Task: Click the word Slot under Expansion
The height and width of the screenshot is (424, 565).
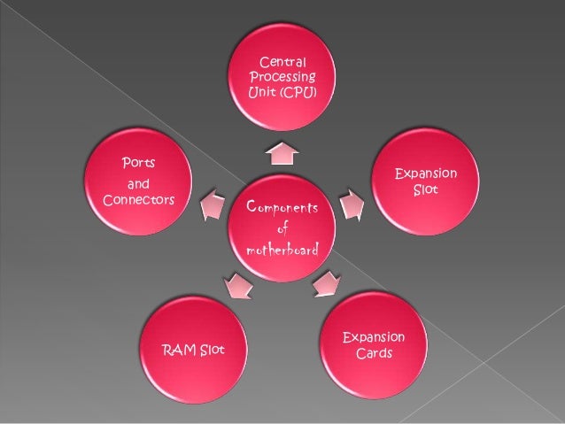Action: (x=425, y=190)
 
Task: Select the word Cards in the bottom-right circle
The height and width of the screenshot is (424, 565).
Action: (x=373, y=354)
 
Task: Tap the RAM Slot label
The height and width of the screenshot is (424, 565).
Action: (x=193, y=352)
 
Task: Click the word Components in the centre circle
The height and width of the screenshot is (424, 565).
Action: (x=280, y=207)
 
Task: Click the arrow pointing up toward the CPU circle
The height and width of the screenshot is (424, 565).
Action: (x=281, y=152)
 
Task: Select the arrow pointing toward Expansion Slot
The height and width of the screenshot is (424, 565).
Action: (x=352, y=204)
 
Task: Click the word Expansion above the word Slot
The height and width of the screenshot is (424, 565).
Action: (x=426, y=173)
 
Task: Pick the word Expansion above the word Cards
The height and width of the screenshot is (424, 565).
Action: (x=373, y=337)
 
